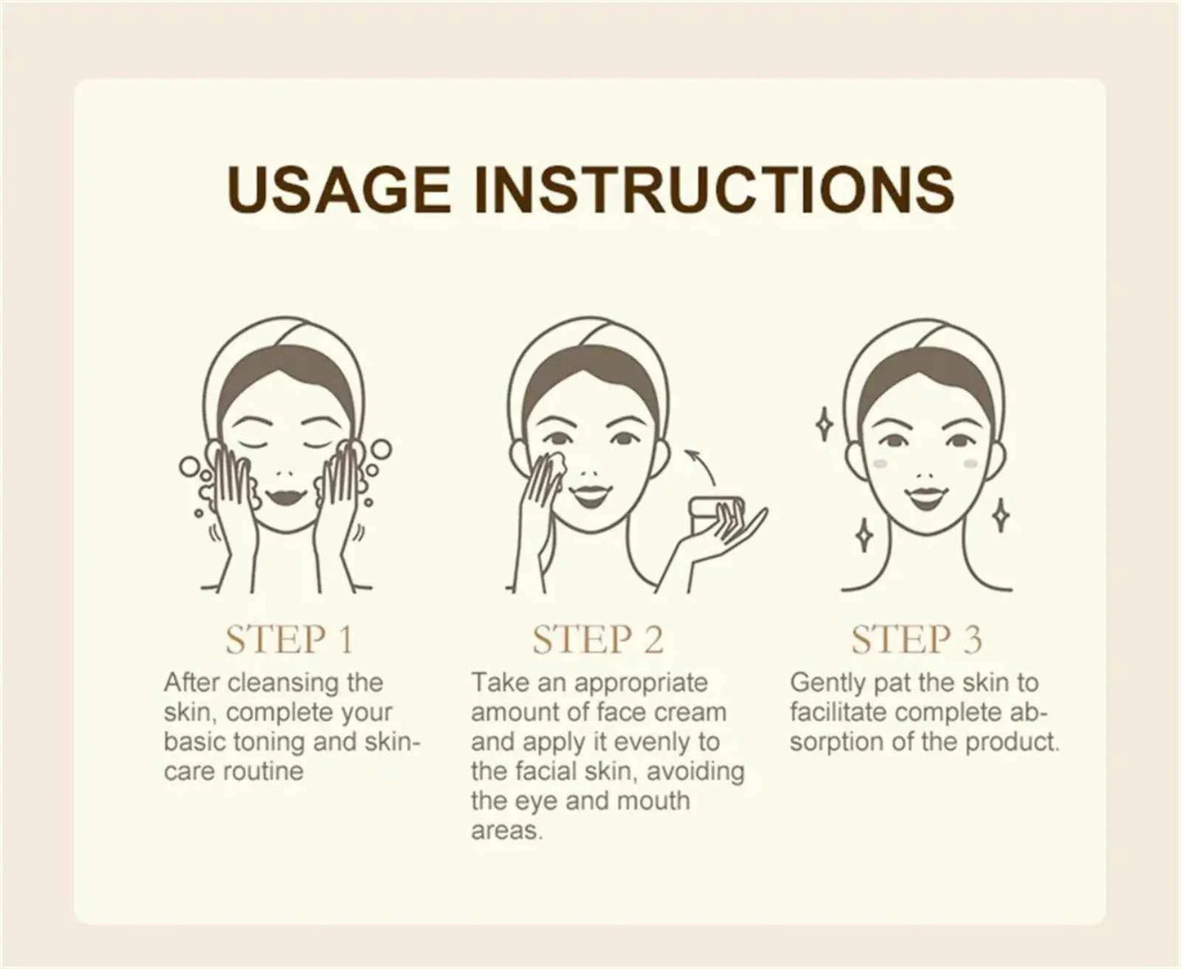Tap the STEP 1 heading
289,639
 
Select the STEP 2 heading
597,639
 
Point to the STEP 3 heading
915,639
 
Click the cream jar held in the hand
708,511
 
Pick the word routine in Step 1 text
262,771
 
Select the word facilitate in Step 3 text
838,712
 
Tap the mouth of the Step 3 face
924,496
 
